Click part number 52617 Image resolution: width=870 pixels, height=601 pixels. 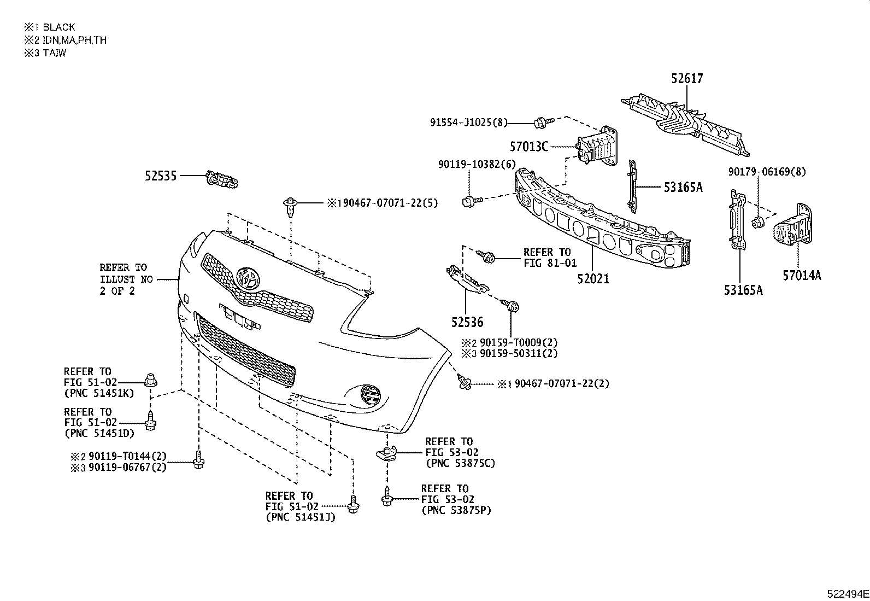coord(687,79)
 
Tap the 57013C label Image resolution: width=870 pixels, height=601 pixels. coord(529,147)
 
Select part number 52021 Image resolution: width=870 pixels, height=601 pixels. coord(592,279)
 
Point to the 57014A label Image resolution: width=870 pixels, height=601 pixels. coord(801,276)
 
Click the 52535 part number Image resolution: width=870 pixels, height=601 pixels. coord(161,176)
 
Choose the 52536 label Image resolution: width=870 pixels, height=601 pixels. coord(467,323)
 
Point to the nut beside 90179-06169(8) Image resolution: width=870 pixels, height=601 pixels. coord(757,222)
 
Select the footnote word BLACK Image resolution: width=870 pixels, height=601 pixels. coord(59,27)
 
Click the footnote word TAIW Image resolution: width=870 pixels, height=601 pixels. coord(55,53)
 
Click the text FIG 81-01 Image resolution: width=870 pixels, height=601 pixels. coord(550,263)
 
